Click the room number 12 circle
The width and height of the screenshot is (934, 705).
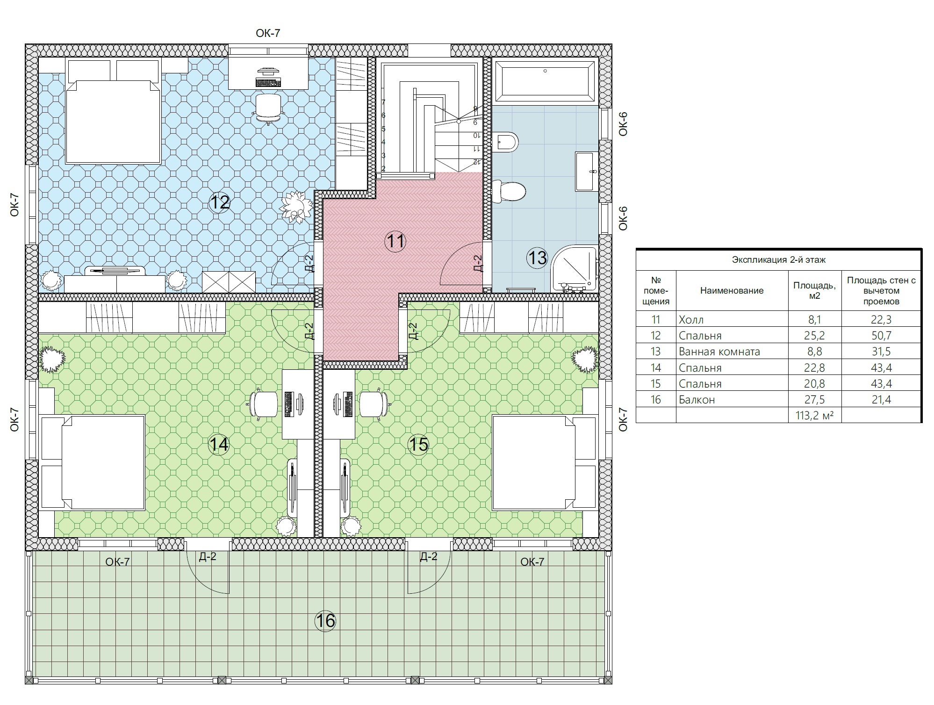(x=220, y=202)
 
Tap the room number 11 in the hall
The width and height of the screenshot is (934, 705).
(x=395, y=241)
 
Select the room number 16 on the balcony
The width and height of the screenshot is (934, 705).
(x=325, y=621)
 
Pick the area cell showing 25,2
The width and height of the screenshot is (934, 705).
(x=814, y=336)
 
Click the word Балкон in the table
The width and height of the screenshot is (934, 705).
(x=697, y=400)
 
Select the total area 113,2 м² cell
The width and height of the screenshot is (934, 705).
(x=814, y=415)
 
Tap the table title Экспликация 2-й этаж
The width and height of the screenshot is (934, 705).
(x=779, y=260)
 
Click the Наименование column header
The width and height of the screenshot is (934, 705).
(x=732, y=290)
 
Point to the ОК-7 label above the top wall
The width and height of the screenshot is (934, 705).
(x=268, y=33)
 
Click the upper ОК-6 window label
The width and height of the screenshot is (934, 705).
(x=623, y=124)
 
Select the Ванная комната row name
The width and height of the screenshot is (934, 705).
(x=719, y=352)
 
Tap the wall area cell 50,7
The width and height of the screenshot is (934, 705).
(x=881, y=336)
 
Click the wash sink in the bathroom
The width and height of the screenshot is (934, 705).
(x=586, y=171)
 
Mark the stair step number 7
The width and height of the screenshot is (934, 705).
(x=383, y=102)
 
